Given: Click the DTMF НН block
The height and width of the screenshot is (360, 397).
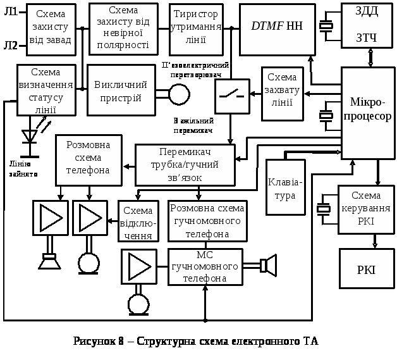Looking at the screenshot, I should pyautogui.click(x=277, y=27).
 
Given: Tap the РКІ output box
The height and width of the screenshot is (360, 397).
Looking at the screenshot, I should pyautogui.click(x=366, y=270).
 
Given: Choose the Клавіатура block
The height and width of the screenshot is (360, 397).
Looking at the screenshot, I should pyautogui.click(x=285, y=187).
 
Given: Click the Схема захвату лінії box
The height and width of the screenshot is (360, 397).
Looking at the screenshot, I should pyautogui.click(x=282, y=94).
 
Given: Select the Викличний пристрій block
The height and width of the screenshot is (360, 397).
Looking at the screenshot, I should pyautogui.click(x=120, y=90).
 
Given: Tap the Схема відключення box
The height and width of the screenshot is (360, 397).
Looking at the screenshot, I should pyautogui.click(x=138, y=221).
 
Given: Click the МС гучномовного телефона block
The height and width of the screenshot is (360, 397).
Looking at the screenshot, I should pyautogui.click(x=205, y=267).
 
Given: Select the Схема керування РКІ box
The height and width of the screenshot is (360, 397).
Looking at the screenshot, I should pyautogui.click(x=366, y=209).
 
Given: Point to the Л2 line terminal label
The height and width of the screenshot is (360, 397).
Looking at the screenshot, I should pyautogui.click(x=11, y=45).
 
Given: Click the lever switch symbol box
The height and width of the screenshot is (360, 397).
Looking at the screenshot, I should pyautogui.click(x=231, y=96).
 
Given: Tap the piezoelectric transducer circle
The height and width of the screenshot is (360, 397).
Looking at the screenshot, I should pyautogui.click(x=179, y=94).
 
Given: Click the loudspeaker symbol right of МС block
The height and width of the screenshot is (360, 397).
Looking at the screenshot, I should pyautogui.click(x=269, y=264).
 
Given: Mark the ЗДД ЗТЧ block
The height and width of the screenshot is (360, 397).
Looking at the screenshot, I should pyautogui.click(x=367, y=25).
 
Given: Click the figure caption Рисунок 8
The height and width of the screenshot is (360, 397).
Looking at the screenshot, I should pyautogui.click(x=195, y=342).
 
